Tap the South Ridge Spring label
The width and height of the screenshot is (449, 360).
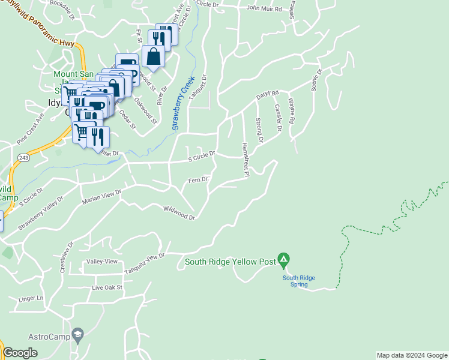[x=299, y=281]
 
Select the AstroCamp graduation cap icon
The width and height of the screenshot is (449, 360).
[x=78, y=333]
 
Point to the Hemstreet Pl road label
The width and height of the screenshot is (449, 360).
[x=246, y=159]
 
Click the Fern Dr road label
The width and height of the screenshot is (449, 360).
[x=197, y=179]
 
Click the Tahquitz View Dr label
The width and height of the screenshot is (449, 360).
[x=144, y=263]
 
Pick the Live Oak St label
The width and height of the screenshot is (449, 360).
[x=107, y=287]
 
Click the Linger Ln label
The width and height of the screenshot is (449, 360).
[x=31, y=298]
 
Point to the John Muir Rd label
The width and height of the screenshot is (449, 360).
[x=264, y=8]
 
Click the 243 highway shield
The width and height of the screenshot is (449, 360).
[x=23, y=157]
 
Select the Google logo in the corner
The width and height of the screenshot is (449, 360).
[x=20, y=353]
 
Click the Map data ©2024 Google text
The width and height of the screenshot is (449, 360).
[x=412, y=355]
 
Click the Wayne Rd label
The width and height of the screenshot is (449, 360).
[x=292, y=112]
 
